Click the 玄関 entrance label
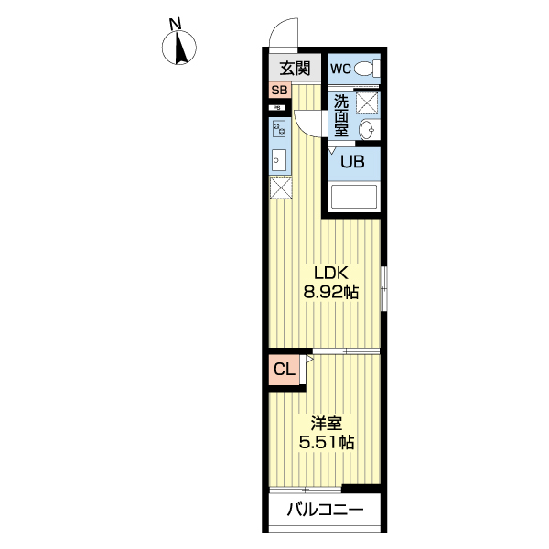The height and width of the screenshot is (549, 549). click(295, 69)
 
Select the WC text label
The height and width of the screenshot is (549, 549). click(340, 69)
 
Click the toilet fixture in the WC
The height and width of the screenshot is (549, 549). click(366, 69)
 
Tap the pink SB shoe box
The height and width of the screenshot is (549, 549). click(279, 91)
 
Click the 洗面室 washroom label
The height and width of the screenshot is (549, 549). click(340, 115)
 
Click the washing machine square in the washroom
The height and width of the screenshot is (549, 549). click(367, 102)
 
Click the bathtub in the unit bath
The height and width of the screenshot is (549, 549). click(353, 199)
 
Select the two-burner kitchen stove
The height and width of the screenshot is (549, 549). click(279, 129)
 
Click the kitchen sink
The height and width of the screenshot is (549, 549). click(279, 159)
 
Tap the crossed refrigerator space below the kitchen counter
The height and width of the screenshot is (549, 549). click(280, 187)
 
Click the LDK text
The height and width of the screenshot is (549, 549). click(330, 274)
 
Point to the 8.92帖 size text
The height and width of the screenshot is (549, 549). click(330, 293)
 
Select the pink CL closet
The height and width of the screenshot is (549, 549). click(285, 371)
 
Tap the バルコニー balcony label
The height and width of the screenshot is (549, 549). click(326, 511)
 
